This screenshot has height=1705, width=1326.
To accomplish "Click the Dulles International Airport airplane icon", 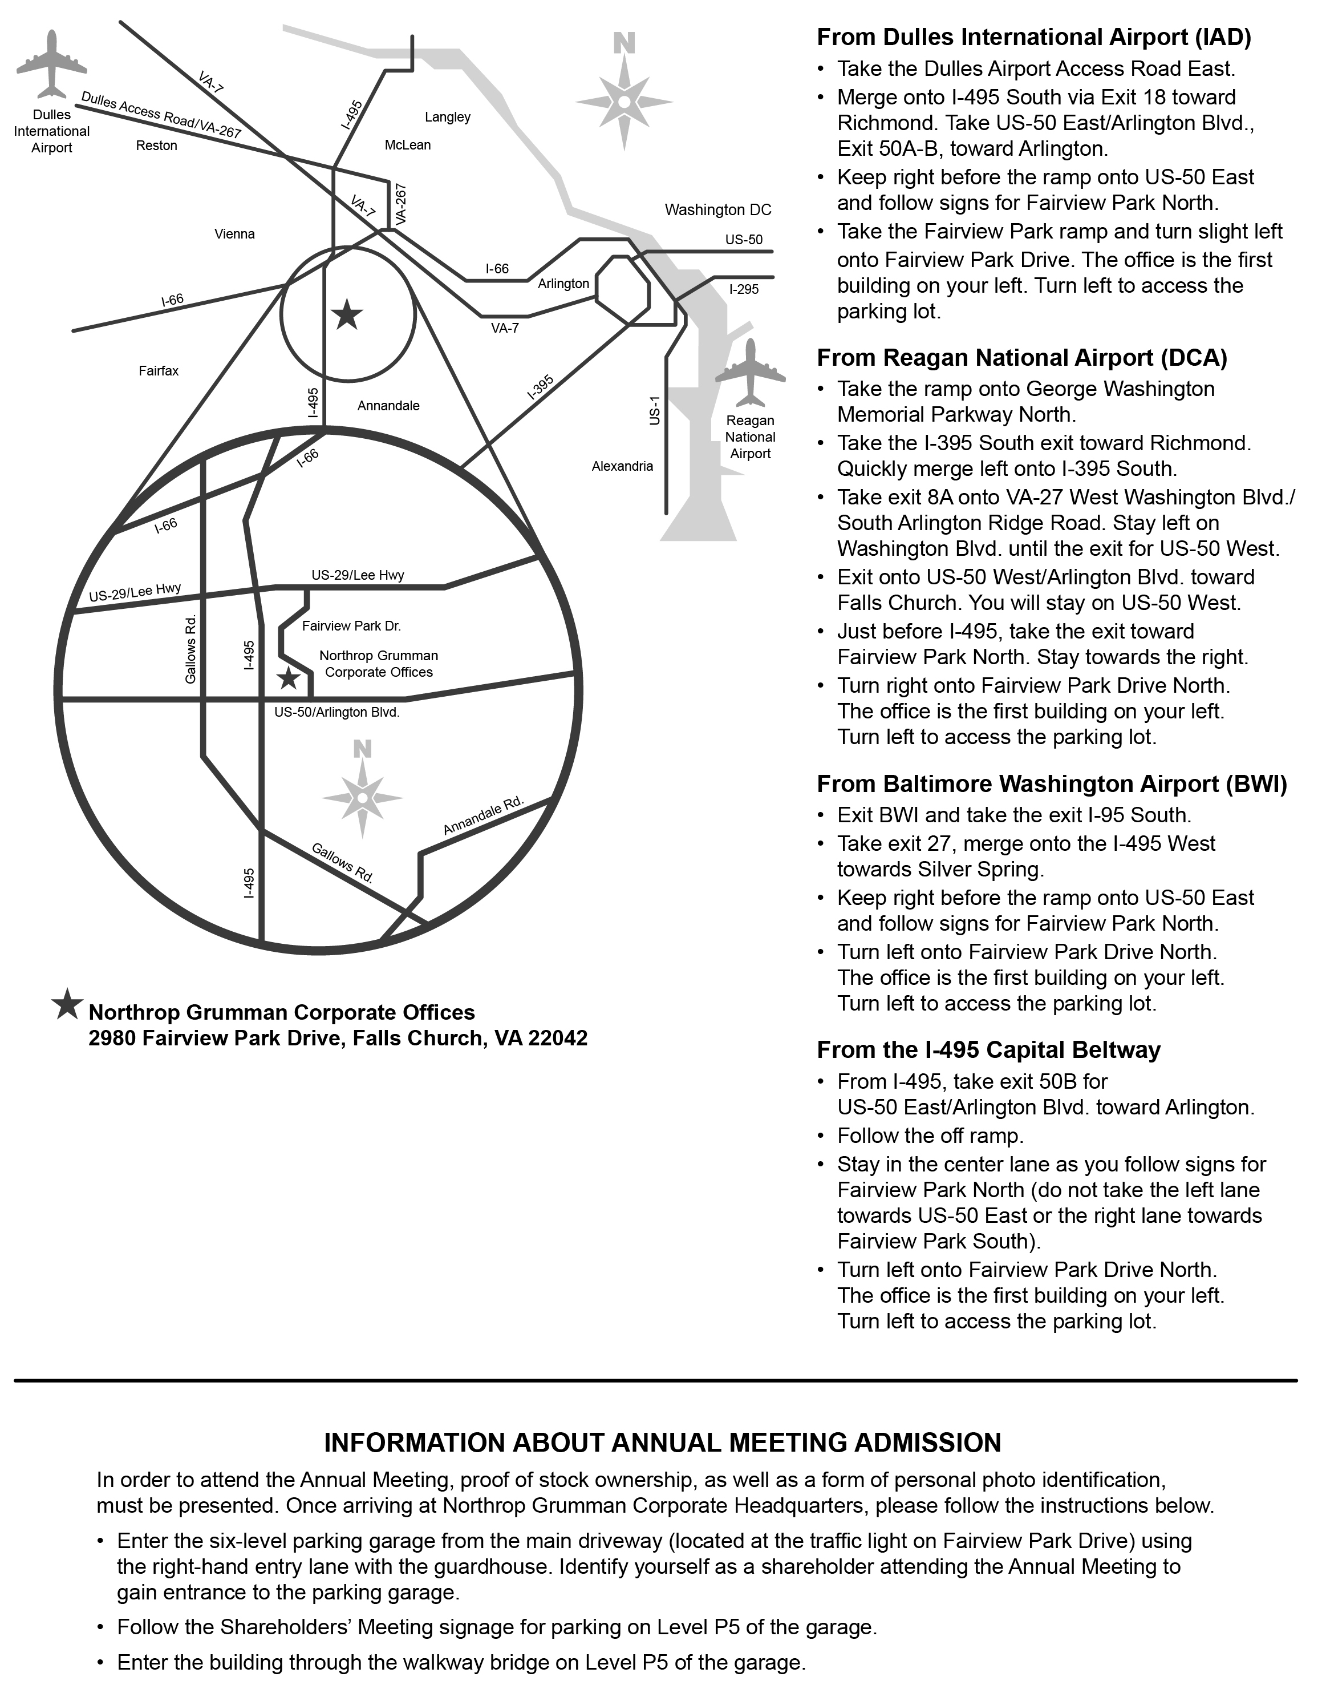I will (x=51, y=64).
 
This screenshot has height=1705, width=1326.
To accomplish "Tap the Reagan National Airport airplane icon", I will (x=750, y=373).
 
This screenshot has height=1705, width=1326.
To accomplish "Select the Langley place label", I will (x=447, y=117).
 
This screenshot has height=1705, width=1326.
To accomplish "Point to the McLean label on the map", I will (x=407, y=145).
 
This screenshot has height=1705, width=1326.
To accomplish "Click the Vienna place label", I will (x=234, y=234).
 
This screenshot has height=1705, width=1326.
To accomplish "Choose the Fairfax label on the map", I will (x=159, y=371).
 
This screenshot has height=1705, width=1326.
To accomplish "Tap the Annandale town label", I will (x=388, y=406).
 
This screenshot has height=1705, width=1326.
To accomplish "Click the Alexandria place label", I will (x=622, y=466).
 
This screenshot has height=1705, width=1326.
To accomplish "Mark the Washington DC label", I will (x=717, y=210).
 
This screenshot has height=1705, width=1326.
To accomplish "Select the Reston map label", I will (x=156, y=146).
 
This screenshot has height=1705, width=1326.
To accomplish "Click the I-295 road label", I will (x=744, y=290).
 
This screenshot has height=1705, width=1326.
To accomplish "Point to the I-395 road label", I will (x=541, y=387).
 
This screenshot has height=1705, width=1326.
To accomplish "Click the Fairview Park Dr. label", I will (x=351, y=626).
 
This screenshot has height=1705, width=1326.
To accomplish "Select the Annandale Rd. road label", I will (x=484, y=817).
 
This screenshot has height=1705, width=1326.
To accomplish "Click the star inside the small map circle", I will (x=347, y=316).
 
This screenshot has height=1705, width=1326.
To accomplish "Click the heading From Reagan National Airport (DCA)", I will (x=1021, y=358).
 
